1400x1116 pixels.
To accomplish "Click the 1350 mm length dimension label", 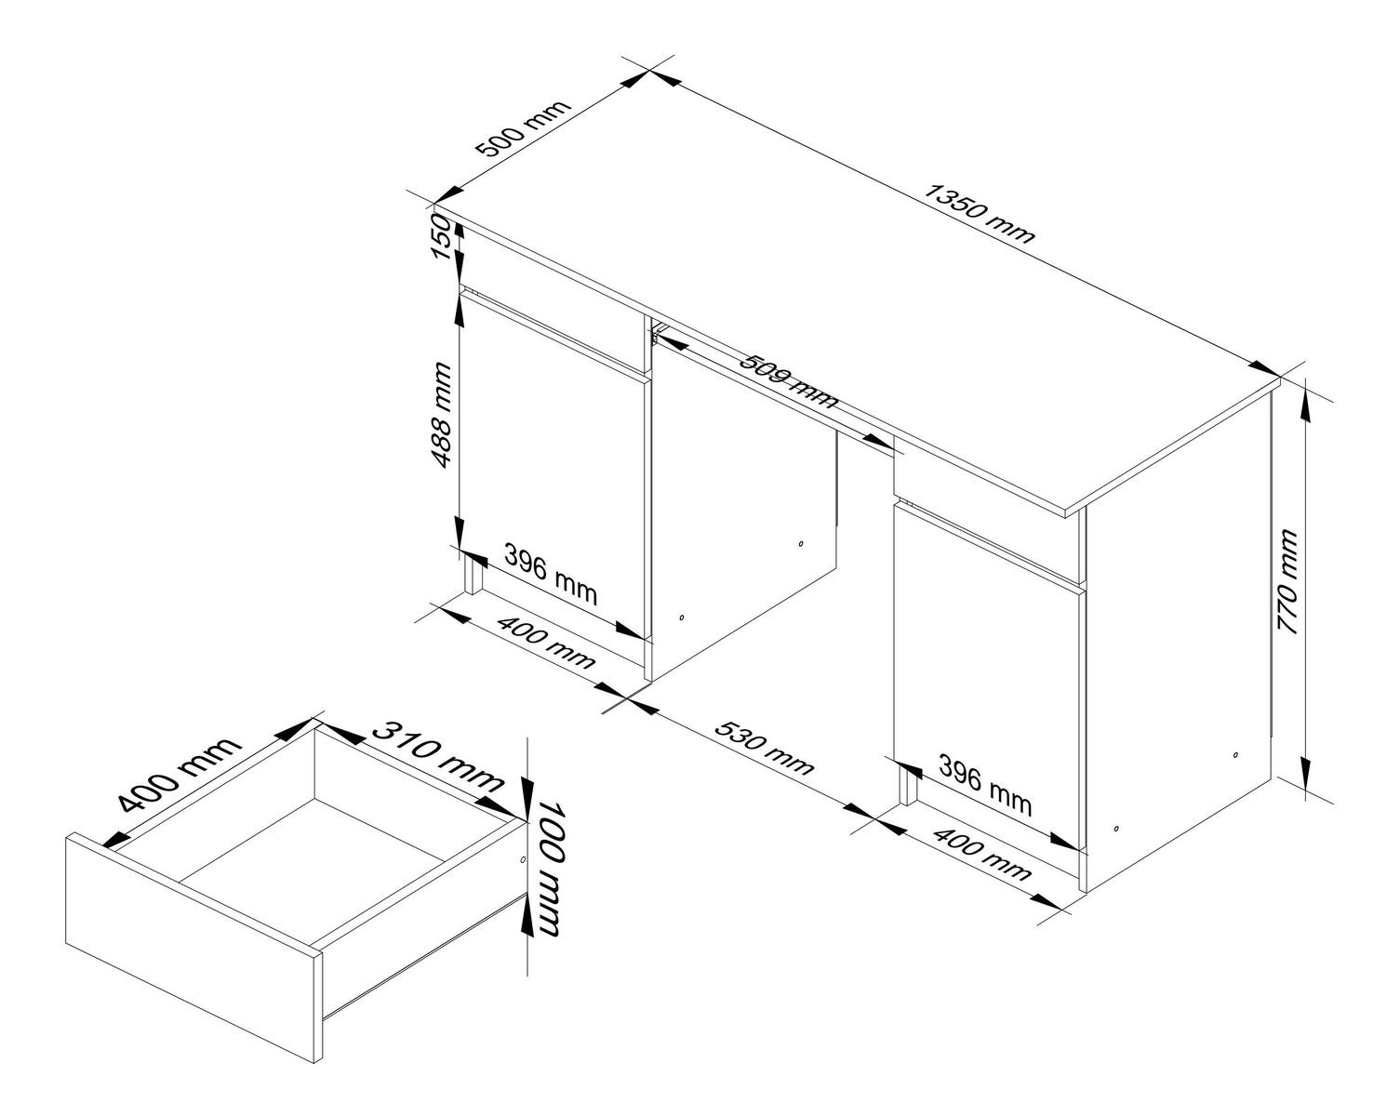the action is click(980, 214).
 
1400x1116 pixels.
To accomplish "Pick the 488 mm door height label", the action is click(442, 416).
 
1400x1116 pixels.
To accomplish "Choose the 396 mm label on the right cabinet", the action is click(985, 785).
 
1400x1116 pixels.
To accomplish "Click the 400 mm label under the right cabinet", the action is click(981, 853).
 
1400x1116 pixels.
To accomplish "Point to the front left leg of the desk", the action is click(473, 577).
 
